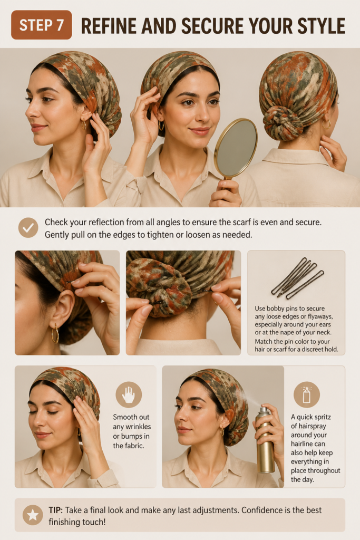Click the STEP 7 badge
41,25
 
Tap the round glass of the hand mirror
237,148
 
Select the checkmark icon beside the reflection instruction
28,228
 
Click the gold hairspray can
265,440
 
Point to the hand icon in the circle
129,394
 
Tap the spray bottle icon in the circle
307,394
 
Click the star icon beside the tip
33,515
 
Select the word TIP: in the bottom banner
56,510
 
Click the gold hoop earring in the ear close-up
55,333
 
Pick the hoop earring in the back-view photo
326,123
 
